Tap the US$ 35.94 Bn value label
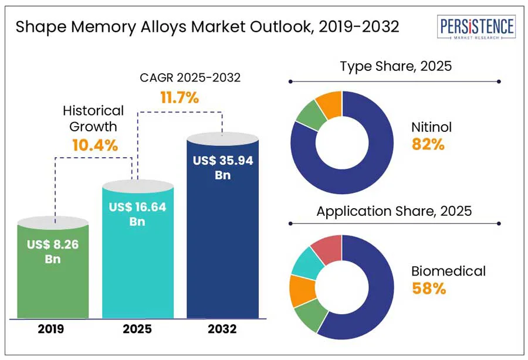(223, 167)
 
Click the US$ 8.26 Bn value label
(53, 252)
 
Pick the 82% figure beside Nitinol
(428, 144)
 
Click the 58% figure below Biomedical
(428, 288)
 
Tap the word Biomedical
(448, 270)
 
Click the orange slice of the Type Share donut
(330, 104)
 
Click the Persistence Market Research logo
(476, 28)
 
